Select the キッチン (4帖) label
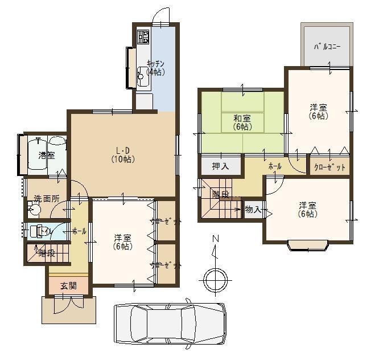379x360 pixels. point(155,68)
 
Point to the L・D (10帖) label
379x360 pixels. point(122,155)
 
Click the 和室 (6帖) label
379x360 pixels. point(242,122)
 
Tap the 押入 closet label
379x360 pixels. point(220,167)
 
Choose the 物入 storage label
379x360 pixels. point(253,210)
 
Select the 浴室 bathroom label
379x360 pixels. point(46,155)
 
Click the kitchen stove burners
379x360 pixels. point(142,37)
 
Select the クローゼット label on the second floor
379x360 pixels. point(329,167)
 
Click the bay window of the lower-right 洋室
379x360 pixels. point(307,246)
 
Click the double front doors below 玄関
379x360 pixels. point(68,306)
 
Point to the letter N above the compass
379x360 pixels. point(215,239)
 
